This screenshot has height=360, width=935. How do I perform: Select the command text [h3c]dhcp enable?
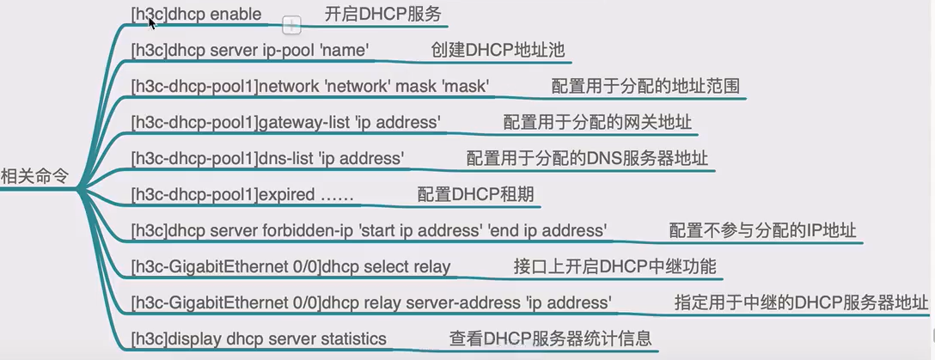click(196, 15)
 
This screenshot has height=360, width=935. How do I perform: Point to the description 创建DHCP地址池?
click(498, 51)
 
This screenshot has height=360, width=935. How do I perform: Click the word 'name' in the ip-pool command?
click(345, 51)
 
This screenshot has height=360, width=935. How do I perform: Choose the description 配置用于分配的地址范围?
click(645, 87)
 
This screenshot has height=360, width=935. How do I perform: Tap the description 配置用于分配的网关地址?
click(597, 123)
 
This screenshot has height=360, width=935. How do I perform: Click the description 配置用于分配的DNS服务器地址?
click(588, 159)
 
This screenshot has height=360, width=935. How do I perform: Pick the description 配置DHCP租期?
click(475, 195)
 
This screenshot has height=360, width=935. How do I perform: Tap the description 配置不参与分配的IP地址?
click(762, 231)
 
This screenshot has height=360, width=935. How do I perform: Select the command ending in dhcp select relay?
click(291, 267)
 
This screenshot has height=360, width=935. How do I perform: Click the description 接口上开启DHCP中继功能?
click(614, 267)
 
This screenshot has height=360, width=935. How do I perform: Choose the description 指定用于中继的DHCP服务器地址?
click(802, 303)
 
